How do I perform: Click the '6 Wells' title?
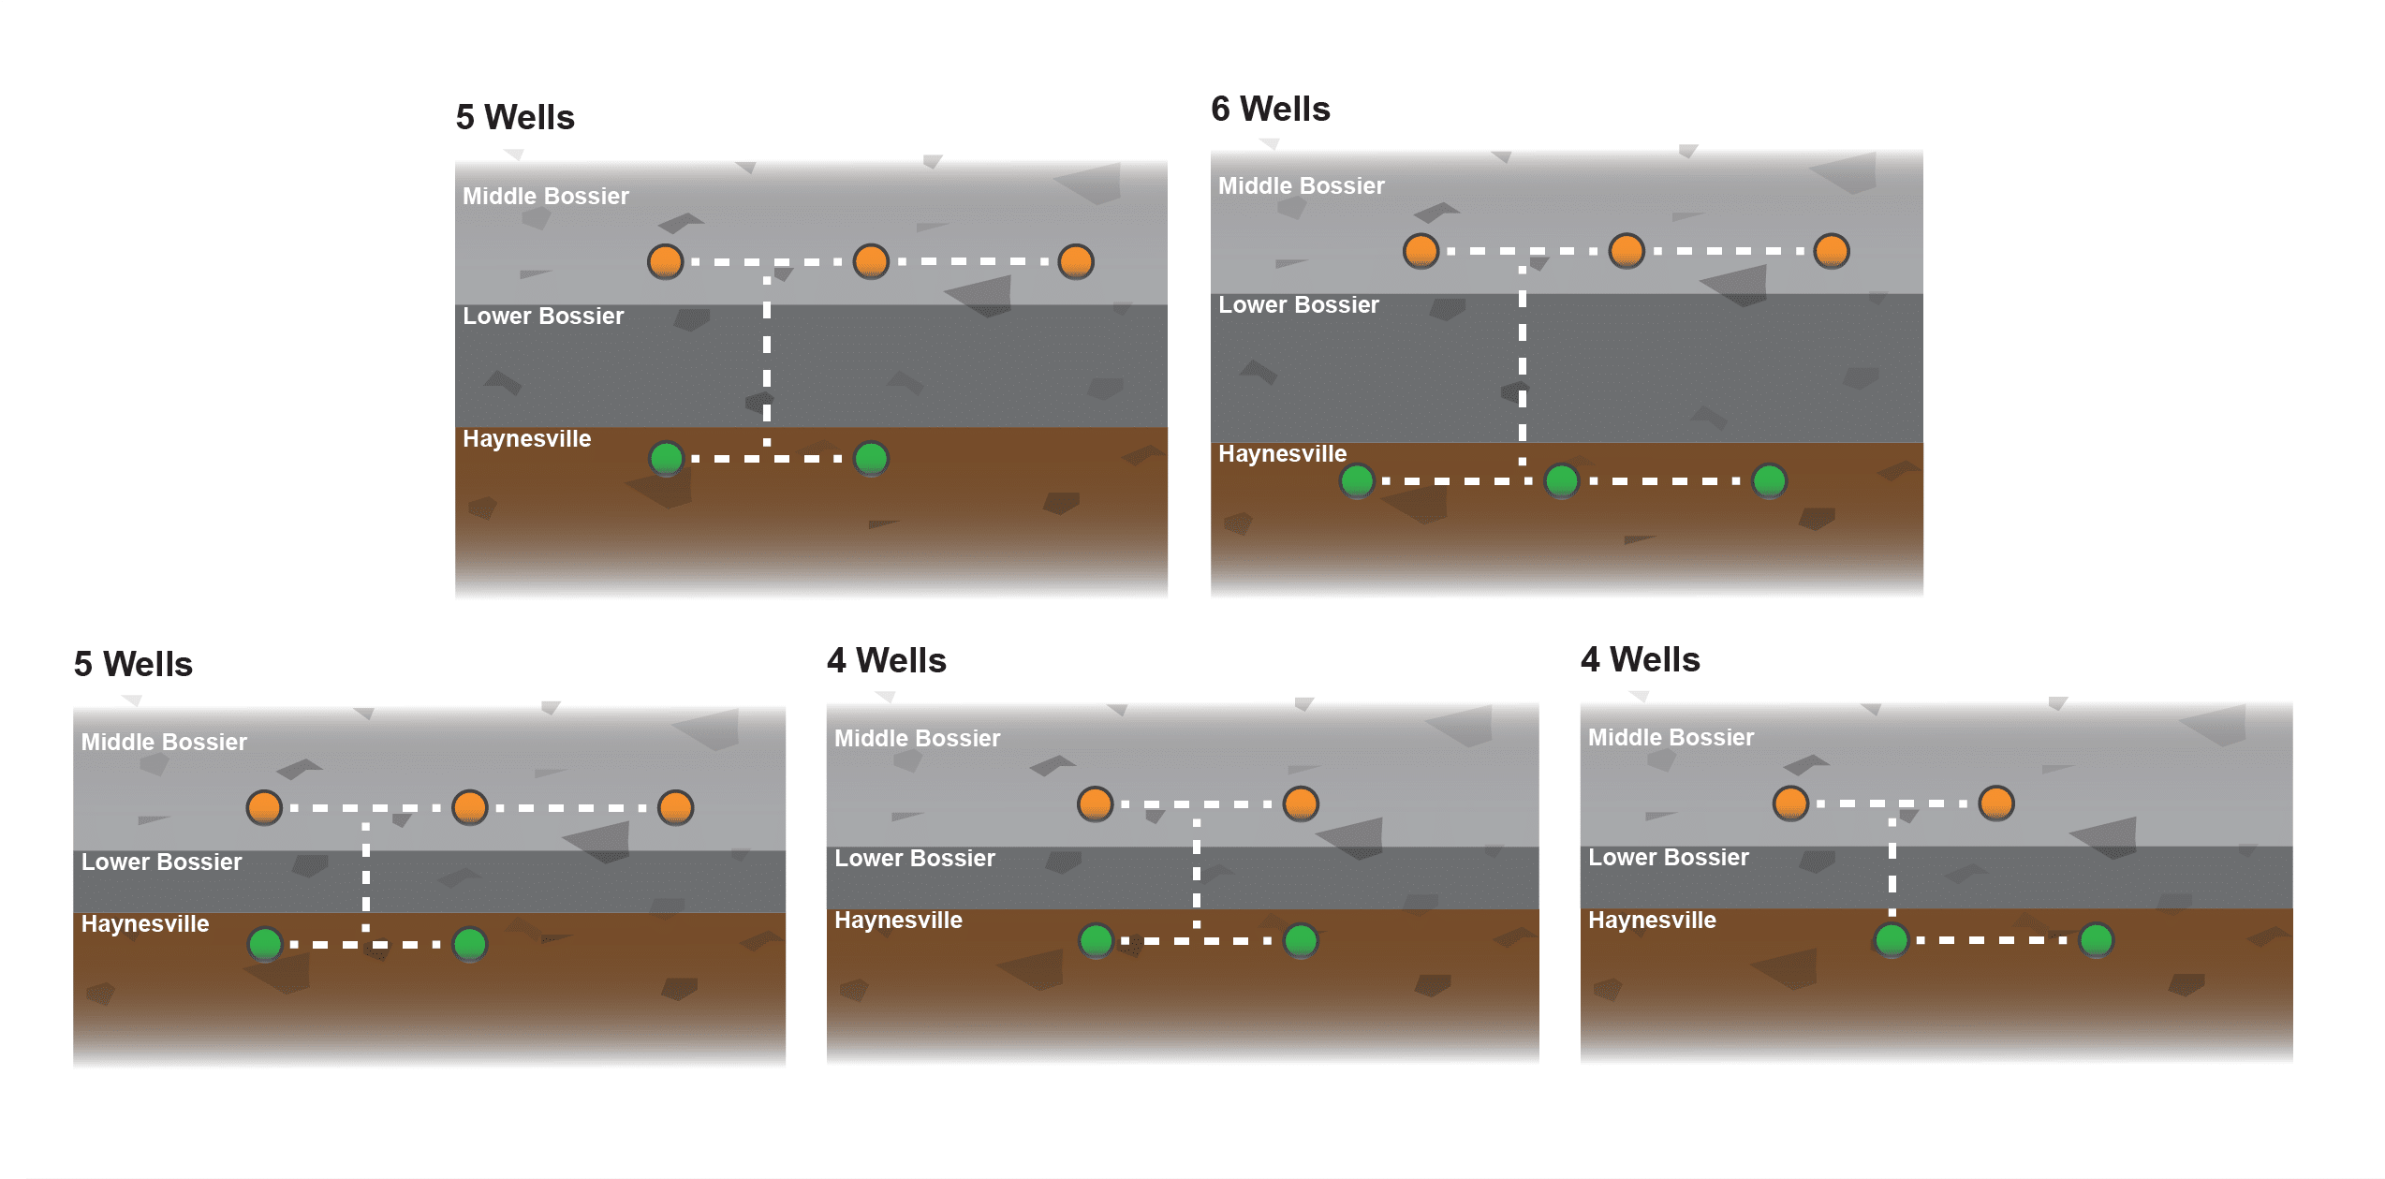(1270, 110)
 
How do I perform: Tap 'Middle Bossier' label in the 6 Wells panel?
(1301, 186)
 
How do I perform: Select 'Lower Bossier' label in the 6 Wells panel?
(1298, 305)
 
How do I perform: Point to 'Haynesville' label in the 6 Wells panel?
(1282, 454)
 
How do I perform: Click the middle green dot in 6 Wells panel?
(1562, 481)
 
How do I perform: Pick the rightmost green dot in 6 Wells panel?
(1769, 481)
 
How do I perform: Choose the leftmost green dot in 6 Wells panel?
(1357, 481)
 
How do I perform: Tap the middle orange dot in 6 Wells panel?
(1627, 251)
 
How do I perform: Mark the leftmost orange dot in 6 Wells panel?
(1421, 251)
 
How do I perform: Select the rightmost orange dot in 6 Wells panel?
(1832, 251)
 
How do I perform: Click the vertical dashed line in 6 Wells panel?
(1523, 365)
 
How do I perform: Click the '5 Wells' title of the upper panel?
(515, 118)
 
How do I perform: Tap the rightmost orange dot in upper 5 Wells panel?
(1076, 261)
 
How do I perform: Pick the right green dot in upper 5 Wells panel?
(872, 459)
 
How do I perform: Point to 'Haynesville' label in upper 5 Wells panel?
(526, 439)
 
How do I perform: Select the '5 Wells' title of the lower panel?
(133, 665)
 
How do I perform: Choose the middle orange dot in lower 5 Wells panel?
(470, 807)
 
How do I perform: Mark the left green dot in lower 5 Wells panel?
(265, 944)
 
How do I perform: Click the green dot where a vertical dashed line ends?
(1892, 939)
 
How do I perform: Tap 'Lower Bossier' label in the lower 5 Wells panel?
(161, 862)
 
